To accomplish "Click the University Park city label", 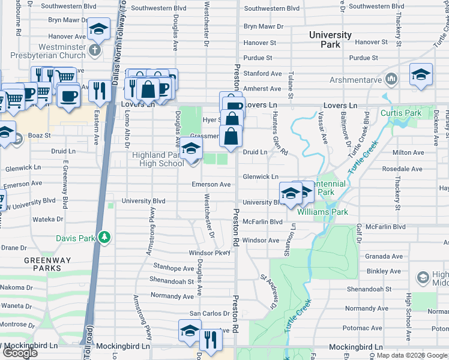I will [x=330, y=40].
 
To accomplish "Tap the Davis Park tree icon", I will [x=105, y=238].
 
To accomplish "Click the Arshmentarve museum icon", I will [x=391, y=79].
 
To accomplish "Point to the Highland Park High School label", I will [x=158, y=159].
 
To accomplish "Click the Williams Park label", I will [x=322, y=212].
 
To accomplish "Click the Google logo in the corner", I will [x=19, y=352].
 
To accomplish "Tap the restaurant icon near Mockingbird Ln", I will [x=210, y=340].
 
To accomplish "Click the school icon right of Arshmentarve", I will [x=421, y=74].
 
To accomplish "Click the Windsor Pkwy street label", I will [x=209, y=253].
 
